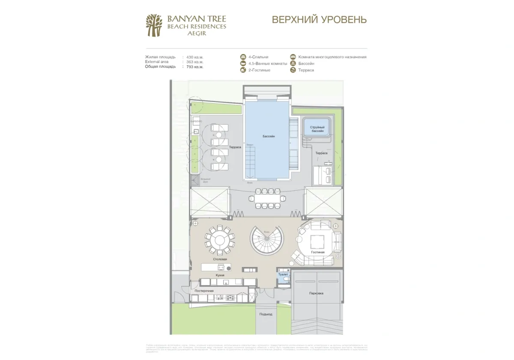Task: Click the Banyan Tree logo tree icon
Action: click(x=154, y=25)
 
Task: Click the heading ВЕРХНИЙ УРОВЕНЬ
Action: click(x=319, y=20)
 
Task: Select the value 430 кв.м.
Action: click(x=195, y=57)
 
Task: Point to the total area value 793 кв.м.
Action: click(x=195, y=67)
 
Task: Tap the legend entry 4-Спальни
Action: click(x=258, y=57)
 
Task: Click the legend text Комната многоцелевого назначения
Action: click(x=332, y=57)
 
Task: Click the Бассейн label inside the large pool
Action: click(x=269, y=136)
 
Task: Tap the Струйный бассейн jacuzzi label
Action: click(x=317, y=129)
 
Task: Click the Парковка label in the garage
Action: click(x=316, y=294)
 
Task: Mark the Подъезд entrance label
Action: click(x=266, y=314)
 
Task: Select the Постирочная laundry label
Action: click(x=204, y=291)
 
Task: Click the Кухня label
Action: click(x=220, y=275)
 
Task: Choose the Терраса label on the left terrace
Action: click(x=235, y=147)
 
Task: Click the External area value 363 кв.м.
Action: click(x=195, y=62)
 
